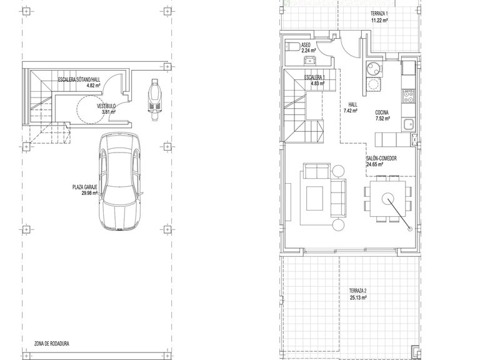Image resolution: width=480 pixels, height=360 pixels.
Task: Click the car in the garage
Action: click(x=120, y=182)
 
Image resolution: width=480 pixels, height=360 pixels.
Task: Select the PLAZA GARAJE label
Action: click(x=85, y=187)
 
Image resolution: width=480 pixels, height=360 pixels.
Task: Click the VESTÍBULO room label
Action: click(x=106, y=106)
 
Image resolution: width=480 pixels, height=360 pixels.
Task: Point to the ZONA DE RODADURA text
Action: click(x=52, y=344)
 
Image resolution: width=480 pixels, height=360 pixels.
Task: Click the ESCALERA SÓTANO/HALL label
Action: click(x=79, y=80)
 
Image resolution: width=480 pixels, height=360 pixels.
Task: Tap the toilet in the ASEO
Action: click(x=292, y=46)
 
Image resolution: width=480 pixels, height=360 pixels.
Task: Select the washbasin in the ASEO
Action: click(x=310, y=60)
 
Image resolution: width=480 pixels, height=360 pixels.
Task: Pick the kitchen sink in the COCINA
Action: click(x=408, y=125)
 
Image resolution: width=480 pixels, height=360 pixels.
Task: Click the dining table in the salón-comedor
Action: click(x=388, y=199)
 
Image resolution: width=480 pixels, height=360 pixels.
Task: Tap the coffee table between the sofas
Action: click(x=315, y=198)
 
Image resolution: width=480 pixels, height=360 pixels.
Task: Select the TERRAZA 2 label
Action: click(x=358, y=291)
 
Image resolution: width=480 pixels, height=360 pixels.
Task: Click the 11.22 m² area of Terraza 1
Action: click(x=379, y=20)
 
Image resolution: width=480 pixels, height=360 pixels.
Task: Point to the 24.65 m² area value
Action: click(x=375, y=164)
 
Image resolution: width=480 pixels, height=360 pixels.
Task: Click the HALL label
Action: click(x=352, y=105)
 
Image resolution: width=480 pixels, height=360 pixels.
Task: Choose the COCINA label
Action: click(x=382, y=112)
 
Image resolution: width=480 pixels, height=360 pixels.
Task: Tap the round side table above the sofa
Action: click(x=338, y=171)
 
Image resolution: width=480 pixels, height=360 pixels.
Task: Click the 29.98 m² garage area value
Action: click(x=89, y=193)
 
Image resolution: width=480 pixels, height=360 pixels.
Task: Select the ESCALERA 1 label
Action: click(x=313, y=77)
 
